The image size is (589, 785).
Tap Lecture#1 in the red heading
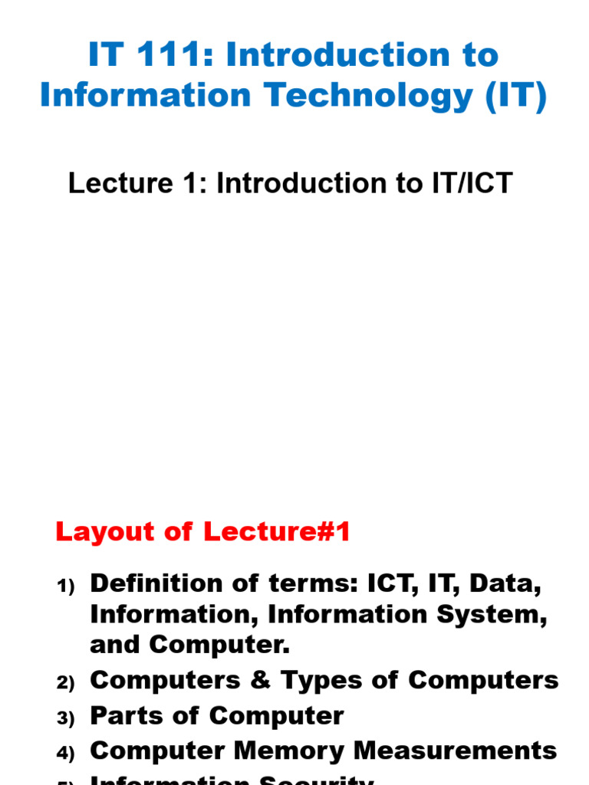277,532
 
